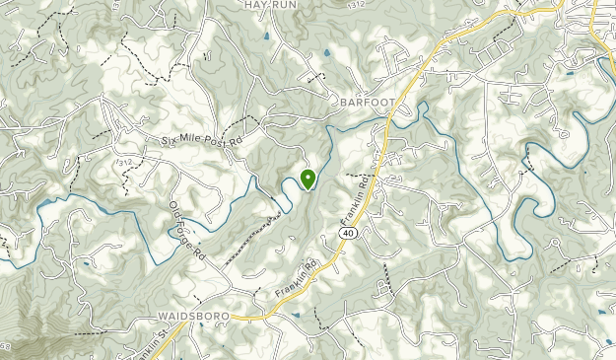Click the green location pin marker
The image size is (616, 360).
(x=308, y=179)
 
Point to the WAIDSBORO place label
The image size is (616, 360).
(x=192, y=316)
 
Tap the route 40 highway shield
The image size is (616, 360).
(x=349, y=232)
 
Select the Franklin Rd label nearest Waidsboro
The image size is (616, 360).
(x=301, y=279)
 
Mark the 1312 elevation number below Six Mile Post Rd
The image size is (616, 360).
(x=124, y=162)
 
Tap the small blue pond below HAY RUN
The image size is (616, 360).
(x=267, y=36)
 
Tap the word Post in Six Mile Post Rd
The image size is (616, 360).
(x=215, y=144)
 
